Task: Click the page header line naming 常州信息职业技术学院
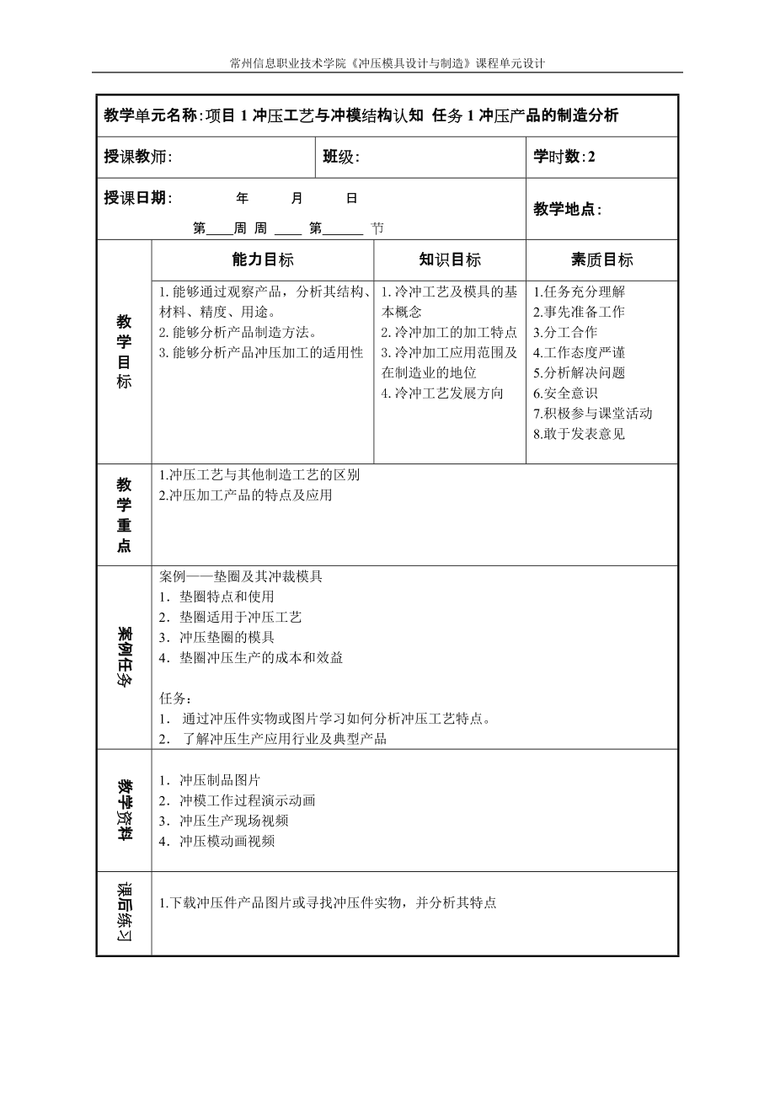[x=387, y=63]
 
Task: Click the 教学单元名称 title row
[x=361, y=116]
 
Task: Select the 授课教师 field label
[x=138, y=157]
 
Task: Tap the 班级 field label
[x=341, y=157]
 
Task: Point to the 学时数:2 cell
[x=564, y=157]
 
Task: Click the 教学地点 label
[x=568, y=210]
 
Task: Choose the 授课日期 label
[x=138, y=198]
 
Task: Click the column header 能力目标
[x=263, y=260]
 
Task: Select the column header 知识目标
[x=450, y=260]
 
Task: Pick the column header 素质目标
[x=601, y=260]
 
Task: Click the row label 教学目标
[x=124, y=351]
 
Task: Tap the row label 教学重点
[x=124, y=515]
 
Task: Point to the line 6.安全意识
[x=565, y=393]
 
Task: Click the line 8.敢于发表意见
[x=579, y=435]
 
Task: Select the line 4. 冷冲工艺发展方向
[x=442, y=393]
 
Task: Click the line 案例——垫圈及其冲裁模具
[x=241, y=577]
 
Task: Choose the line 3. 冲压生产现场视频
[x=224, y=821]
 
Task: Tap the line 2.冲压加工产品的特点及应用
[x=246, y=495]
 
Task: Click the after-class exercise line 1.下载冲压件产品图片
[x=328, y=903]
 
